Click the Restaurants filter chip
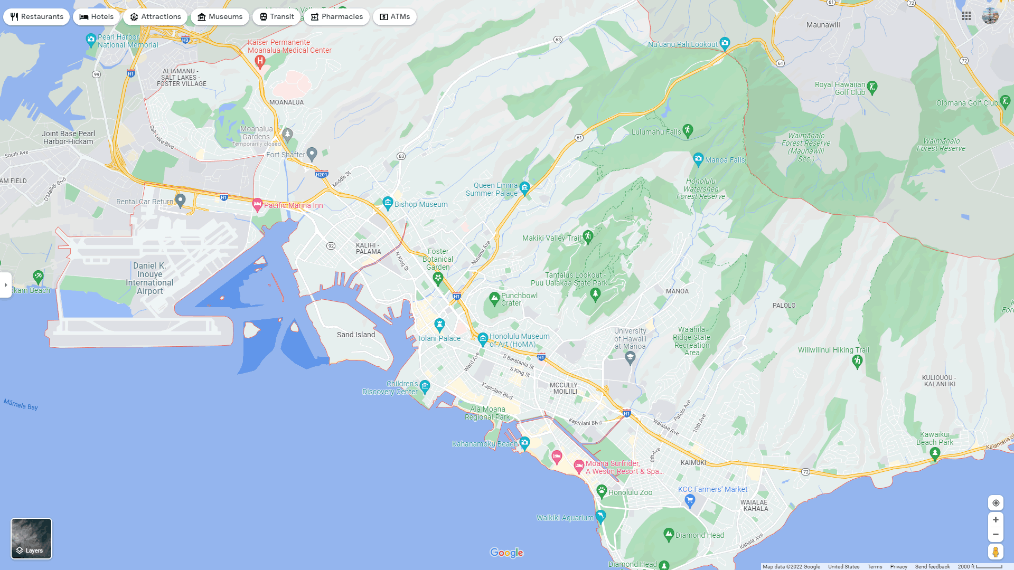[36, 17]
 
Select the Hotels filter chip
[97, 17]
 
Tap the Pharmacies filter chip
[336, 17]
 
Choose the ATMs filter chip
[395, 17]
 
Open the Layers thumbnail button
[32, 538]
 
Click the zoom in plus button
[996, 520]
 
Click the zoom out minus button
[996, 535]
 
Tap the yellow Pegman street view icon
[996, 552]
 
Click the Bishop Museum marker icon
[388, 203]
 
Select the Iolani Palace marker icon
[439, 324]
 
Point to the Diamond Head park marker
[669, 534]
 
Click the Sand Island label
[356, 335]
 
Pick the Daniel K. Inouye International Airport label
[149, 278]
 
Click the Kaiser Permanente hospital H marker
[260, 61]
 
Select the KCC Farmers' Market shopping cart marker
[690, 500]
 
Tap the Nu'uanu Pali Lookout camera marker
[725, 43]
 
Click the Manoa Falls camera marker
[698, 158]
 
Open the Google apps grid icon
[966, 16]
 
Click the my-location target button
[996, 503]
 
